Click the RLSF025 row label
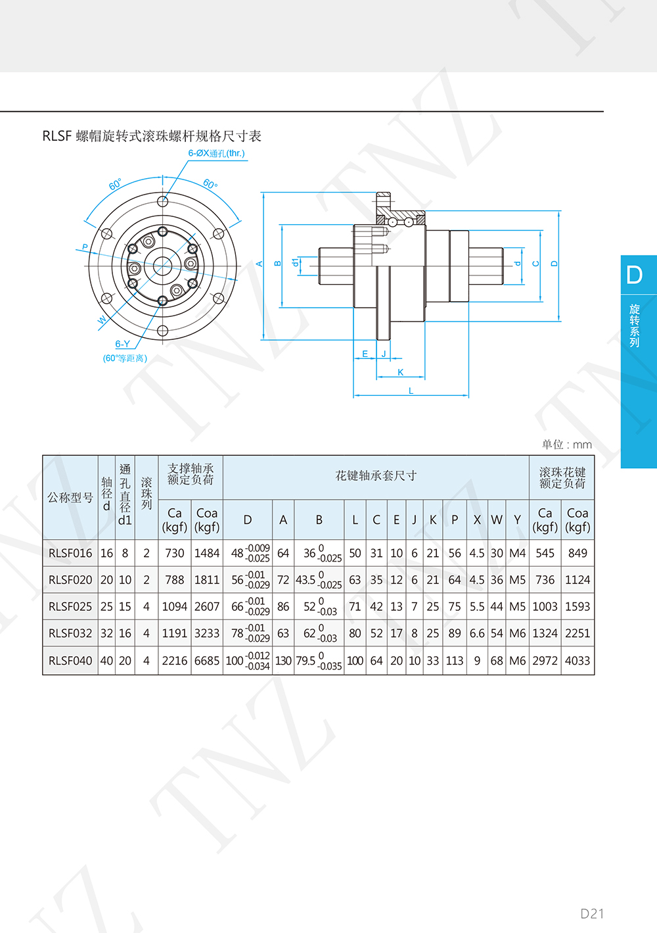tap(70, 606)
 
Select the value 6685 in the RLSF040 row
tap(207, 661)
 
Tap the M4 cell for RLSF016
tap(517, 553)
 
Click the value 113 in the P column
tap(455, 661)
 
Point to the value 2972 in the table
tap(545, 661)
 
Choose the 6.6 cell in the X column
tap(477, 633)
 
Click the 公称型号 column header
tap(70, 497)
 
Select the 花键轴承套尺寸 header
tap(376, 475)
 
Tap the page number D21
tap(592, 913)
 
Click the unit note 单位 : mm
tap(567, 445)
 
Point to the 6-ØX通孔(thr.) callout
tap(216, 153)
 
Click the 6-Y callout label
tap(122, 344)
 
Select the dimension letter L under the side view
tap(411, 391)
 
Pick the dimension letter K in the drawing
tap(400, 372)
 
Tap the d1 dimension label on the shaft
tap(296, 262)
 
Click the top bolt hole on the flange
tap(163, 202)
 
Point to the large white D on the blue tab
tap(634, 275)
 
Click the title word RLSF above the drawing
tap(57, 136)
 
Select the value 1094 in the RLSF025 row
tap(174, 606)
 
